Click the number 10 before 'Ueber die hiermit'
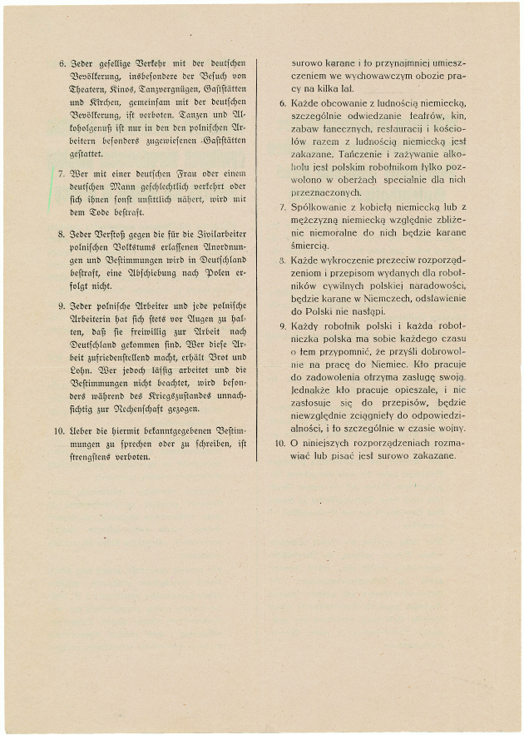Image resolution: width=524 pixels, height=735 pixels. click(61, 425)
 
